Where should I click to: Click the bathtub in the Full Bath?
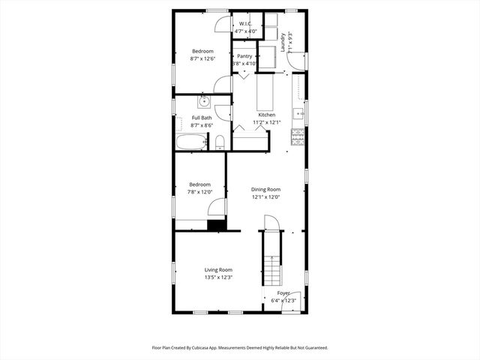pos(190,142)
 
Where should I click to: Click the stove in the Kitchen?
pos(298,136)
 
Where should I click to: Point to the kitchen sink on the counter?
pos(298,114)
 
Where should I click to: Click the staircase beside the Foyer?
pos(269,259)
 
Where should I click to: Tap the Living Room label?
pos(218,270)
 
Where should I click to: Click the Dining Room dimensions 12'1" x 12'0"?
pos(265,197)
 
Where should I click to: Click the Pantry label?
pos(244,56)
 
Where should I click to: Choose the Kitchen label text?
pos(266,115)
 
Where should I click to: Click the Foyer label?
pos(283,293)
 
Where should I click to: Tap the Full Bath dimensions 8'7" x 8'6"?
pos(202,125)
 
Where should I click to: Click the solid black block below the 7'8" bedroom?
pos(216,225)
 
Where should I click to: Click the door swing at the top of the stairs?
pos(271,223)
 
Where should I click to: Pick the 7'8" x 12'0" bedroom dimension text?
pos(200,192)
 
